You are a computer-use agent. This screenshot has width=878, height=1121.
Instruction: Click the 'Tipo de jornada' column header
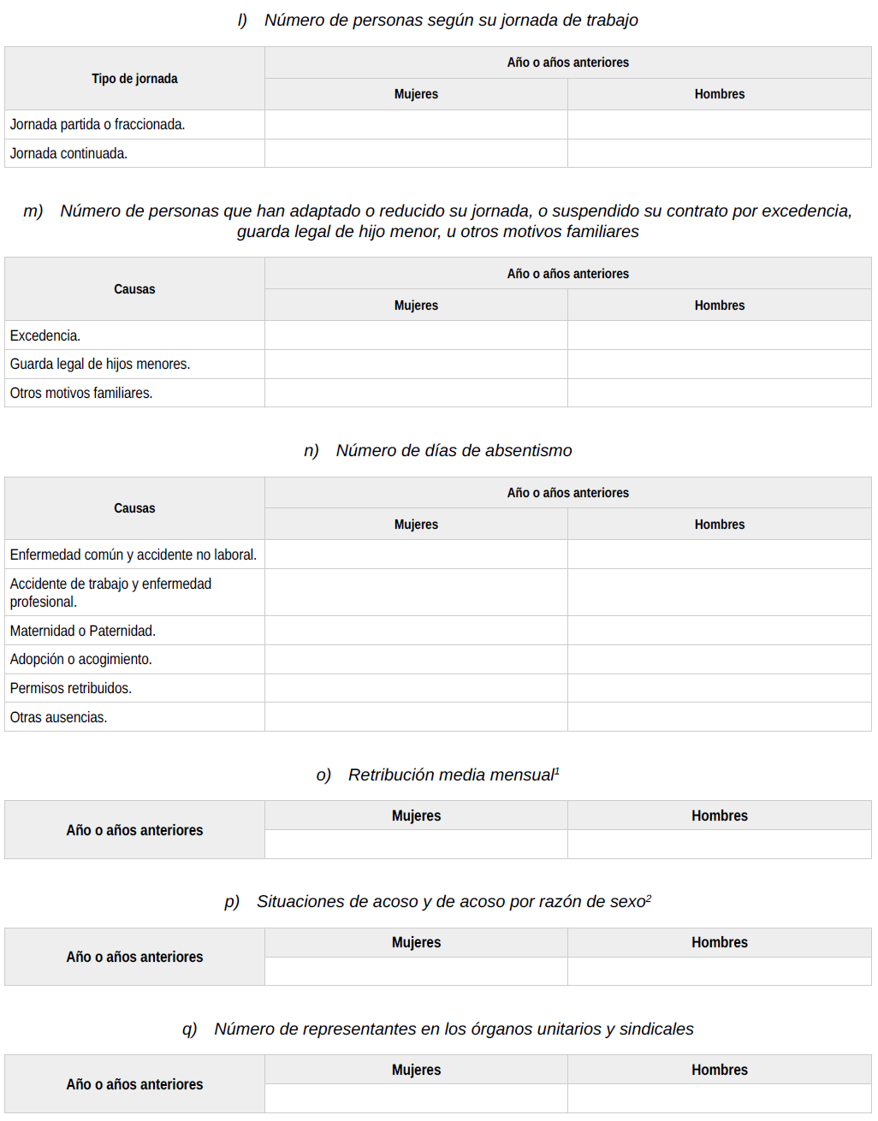pyautogui.click(x=134, y=79)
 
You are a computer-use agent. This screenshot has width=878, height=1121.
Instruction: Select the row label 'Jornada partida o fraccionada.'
pyautogui.click(x=98, y=125)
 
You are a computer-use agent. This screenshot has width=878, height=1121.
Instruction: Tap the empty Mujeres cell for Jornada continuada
pyautogui.click(x=416, y=154)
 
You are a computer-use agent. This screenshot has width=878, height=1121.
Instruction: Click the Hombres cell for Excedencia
pyautogui.click(x=719, y=335)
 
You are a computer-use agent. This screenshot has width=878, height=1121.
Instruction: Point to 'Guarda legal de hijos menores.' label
pyautogui.click(x=100, y=365)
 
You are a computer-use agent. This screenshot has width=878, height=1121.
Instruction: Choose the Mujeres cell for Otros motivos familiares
pyautogui.click(x=416, y=394)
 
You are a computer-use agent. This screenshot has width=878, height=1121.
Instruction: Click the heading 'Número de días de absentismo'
pyautogui.click(x=454, y=451)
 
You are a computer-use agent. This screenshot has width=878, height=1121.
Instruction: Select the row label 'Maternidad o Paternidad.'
pyautogui.click(x=83, y=632)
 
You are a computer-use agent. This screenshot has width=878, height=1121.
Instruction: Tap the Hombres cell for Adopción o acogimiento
pyautogui.click(x=719, y=660)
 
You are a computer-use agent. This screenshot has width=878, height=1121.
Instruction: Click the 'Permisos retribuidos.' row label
pyautogui.click(x=71, y=689)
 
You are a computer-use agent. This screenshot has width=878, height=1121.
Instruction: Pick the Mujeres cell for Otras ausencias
pyautogui.click(x=416, y=718)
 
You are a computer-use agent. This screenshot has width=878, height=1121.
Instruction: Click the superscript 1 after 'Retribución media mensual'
pyautogui.click(x=557, y=771)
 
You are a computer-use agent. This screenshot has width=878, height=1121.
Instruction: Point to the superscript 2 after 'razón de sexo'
pyautogui.click(x=649, y=898)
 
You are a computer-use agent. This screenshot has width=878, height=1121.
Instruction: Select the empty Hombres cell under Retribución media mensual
pyautogui.click(x=719, y=845)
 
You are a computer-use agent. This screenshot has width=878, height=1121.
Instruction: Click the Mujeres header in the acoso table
pyautogui.click(x=416, y=943)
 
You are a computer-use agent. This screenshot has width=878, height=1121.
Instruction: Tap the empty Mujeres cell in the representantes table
pyautogui.click(x=416, y=1099)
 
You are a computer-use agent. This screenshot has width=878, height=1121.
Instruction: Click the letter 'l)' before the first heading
pyautogui.click(x=242, y=21)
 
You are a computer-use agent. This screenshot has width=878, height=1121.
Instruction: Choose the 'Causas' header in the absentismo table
pyautogui.click(x=134, y=508)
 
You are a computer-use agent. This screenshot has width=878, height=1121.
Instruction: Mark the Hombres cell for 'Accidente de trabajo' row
pyautogui.click(x=719, y=593)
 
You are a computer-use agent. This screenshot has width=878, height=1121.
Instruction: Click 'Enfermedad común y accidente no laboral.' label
pyautogui.click(x=133, y=555)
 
